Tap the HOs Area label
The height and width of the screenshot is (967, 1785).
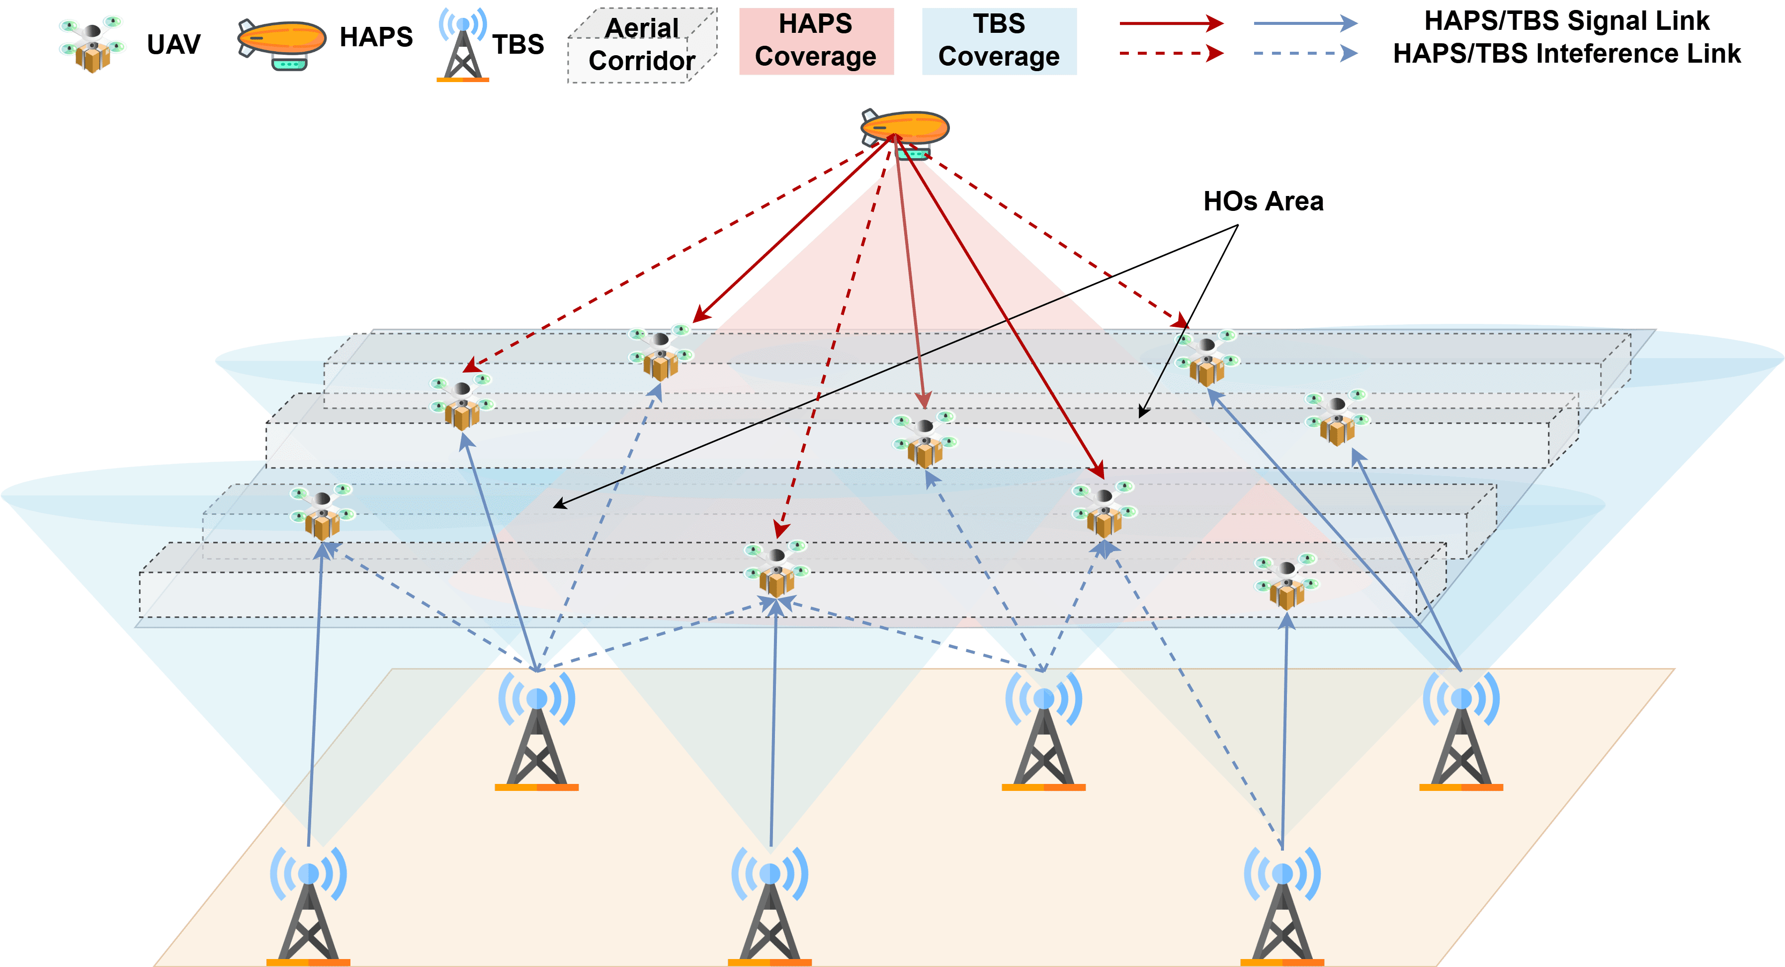click(x=1263, y=201)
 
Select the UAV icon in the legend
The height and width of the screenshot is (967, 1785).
click(x=92, y=44)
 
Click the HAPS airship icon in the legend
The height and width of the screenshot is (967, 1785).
click(x=281, y=43)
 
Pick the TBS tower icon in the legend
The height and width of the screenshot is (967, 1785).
click(x=463, y=46)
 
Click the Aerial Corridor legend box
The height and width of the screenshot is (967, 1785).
click(x=642, y=46)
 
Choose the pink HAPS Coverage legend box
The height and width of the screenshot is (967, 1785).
click(x=816, y=41)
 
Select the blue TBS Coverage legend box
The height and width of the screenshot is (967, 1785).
click(x=999, y=41)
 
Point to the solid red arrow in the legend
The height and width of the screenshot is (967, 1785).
click(x=1172, y=23)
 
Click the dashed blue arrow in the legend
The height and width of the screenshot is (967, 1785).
click(x=1305, y=53)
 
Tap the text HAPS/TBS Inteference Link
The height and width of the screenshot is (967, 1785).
click(x=1567, y=53)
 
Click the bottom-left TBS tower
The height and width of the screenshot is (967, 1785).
click(x=308, y=905)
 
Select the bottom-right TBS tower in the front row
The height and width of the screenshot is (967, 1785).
click(x=1282, y=905)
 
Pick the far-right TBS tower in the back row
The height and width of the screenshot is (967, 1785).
click(x=1461, y=731)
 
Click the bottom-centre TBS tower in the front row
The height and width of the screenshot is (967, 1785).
click(x=770, y=905)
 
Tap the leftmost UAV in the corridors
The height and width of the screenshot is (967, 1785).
click(x=322, y=511)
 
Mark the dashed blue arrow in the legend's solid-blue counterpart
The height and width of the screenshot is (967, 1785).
click(x=1305, y=23)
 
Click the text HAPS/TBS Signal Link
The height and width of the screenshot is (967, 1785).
click(x=1567, y=21)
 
